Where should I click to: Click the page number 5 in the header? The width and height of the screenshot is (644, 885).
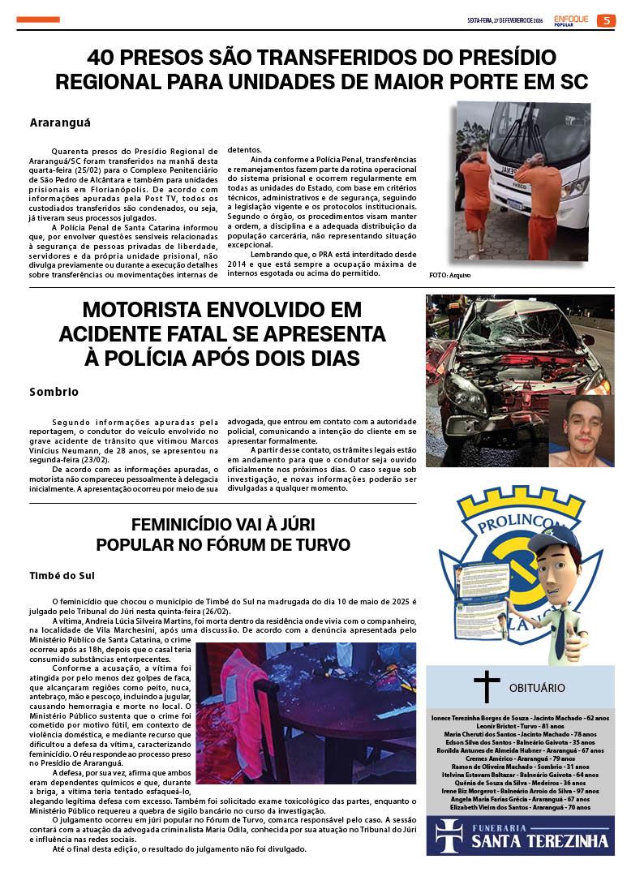click(607, 20)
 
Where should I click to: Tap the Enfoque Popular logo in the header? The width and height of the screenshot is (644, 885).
click(573, 19)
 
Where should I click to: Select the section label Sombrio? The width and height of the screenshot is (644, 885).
click(54, 392)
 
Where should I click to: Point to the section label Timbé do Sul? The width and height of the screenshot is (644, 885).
click(62, 575)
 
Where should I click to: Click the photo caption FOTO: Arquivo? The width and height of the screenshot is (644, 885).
click(449, 276)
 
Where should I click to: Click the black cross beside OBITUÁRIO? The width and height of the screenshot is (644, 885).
click(486, 686)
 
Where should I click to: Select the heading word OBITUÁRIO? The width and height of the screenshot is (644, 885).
click(537, 687)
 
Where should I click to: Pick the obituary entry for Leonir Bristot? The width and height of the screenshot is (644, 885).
click(520, 725)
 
